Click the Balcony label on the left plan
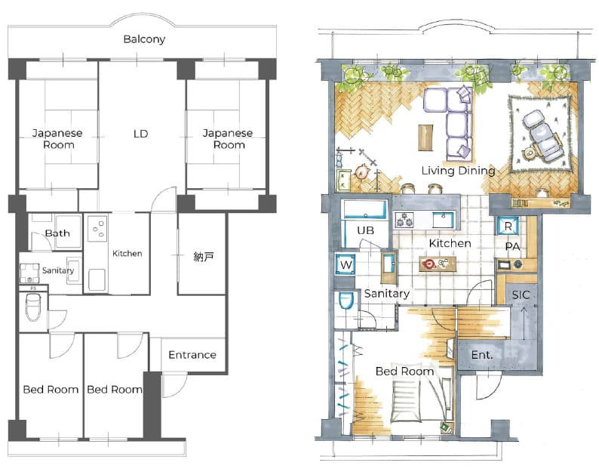click(144, 39)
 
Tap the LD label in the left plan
click(140, 134)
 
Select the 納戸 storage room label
click(203, 257)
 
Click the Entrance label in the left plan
click(192, 355)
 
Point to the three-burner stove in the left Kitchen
click(97, 229)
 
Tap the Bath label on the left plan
click(57, 233)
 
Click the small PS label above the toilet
click(34, 288)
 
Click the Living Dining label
click(458, 171)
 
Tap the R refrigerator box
click(508, 226)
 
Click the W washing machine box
click(346, 264)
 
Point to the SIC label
click(521, 295)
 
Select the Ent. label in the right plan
click(482, 355)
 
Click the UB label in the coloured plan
click(366, 230)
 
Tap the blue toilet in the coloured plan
click(346, 301)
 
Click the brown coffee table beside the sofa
click(425, 137)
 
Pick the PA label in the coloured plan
click(512, 247)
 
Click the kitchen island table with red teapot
click(438, 264)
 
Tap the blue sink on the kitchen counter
click(443, 221)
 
